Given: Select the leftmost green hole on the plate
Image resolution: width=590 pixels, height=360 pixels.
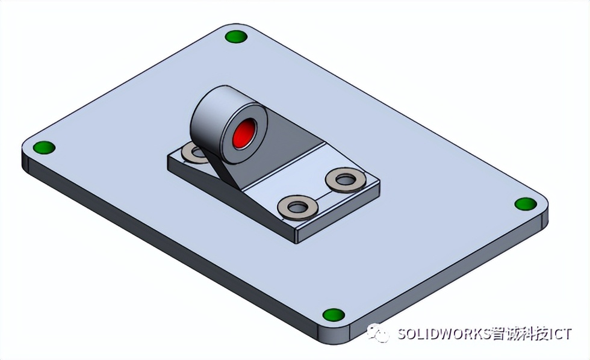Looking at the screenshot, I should [43, 147].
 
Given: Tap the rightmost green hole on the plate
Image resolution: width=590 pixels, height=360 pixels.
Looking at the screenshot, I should [525, 203].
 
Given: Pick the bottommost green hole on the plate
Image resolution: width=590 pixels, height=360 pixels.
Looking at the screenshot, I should [333, 315].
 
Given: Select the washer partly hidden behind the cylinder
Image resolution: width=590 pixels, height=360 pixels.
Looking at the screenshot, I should [191, 153].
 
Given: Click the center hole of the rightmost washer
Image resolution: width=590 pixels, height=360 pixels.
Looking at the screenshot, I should [345, 179].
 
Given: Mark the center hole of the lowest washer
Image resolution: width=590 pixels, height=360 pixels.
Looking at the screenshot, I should [297, 208].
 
